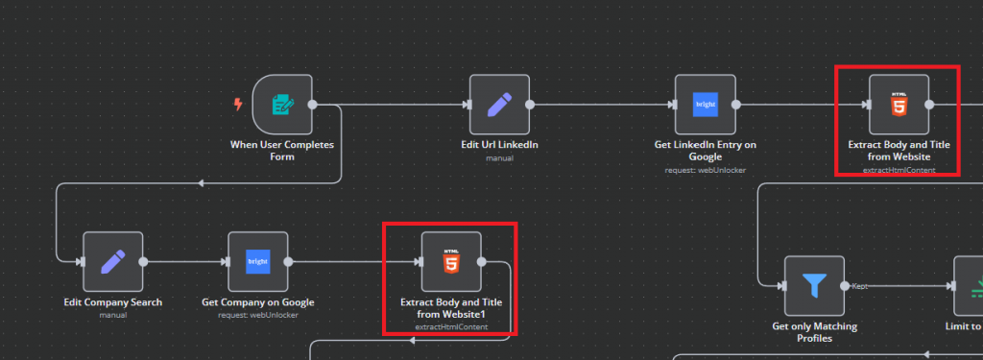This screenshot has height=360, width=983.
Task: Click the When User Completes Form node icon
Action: (x=282, y=105)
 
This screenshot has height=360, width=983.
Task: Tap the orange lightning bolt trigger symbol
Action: (x=239, y=104)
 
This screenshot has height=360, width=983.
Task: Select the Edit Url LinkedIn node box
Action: (x=499, y=105)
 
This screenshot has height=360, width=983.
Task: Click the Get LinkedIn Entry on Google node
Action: (x=705, y=105)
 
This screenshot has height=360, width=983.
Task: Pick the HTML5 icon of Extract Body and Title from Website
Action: (x=899, y=105)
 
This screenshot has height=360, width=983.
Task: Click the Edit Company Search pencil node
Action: (x=113, y=260)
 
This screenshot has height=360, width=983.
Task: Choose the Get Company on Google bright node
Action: (x=257, y=260)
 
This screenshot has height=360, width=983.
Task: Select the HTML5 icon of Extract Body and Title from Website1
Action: (x=450, y=260)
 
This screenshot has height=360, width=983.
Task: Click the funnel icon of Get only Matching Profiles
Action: (x=814, y=286)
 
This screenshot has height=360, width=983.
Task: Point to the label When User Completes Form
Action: (x=281, y=151)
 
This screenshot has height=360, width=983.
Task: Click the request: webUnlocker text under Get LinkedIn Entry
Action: (x=705, y=170)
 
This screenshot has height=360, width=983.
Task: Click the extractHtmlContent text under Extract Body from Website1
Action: (x=450, y=327)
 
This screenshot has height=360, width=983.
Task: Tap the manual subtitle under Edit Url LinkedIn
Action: (x=499, y=158)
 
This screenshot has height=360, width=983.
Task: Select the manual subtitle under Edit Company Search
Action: (x=113, y=315)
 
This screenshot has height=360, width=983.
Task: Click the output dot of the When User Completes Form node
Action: (x=312, y=105)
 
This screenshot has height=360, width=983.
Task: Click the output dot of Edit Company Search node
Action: (x=143, y=260)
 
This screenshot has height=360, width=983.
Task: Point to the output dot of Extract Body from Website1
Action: (x=481, y=260)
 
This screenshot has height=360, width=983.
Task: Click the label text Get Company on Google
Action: (x=257, y=302)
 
